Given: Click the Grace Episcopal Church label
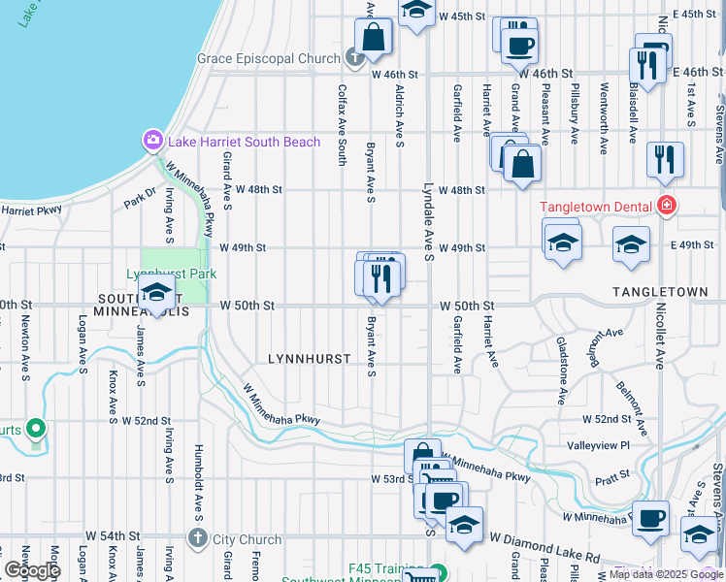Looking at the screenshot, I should click(x=269, y=58).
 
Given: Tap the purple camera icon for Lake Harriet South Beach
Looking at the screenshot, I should click(x=152, y=142).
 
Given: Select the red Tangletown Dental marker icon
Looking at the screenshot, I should click(x=666, y=205).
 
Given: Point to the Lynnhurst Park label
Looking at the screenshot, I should click(x=171, y=274).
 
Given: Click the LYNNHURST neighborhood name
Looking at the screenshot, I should click(x=309, y=359).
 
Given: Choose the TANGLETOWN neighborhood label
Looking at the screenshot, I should click(x=660, y=291).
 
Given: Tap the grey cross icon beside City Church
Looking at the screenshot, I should click(x=198, y=538).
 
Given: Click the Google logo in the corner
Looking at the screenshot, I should click(x=31, y=570).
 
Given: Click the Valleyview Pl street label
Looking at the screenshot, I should click(x=599, y=445).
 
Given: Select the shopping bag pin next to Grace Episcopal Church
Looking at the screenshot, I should click(x=373, y=39).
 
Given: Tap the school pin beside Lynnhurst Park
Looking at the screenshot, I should click(x=155, y=293).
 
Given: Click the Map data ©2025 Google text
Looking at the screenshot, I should click(x=666, y=574).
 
